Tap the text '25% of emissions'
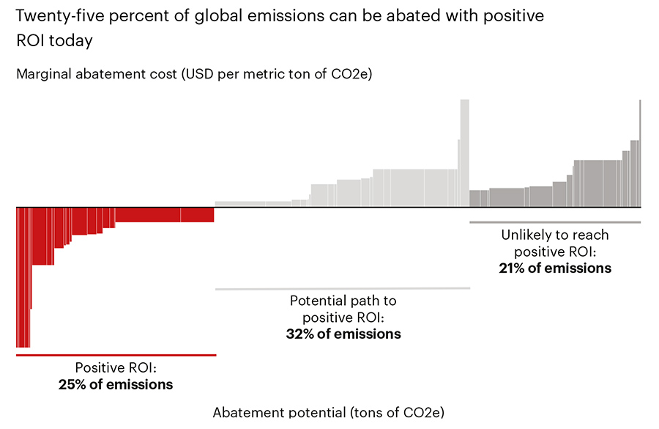tap(116, 384)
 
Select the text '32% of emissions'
tap(343, 334)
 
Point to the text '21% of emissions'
tap(554, 268)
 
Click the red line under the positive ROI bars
tap(116, 355)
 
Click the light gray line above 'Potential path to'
tap(343, 289)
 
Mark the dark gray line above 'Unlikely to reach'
tap(554, 222)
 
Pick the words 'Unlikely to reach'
tap(554, 235)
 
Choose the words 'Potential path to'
tap(343, 301)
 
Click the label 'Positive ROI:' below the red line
tap(116, 369)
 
